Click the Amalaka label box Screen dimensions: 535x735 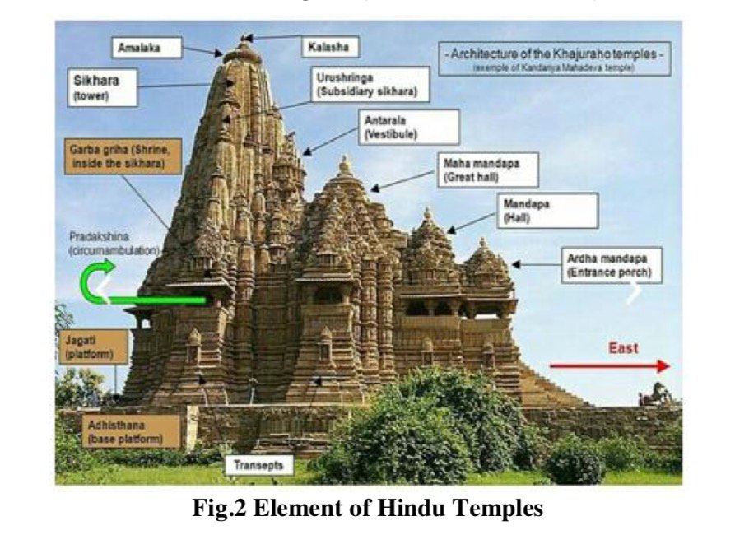[x=147, y=49]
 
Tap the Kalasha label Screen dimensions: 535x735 [x=328, y=47]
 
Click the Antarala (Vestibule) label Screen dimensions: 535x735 [x=409, y=127]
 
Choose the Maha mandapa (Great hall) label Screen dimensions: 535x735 [x=489, y=170]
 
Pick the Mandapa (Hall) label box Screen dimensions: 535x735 [x=547, y=210]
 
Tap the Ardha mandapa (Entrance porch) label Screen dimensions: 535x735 [x=609, y=265]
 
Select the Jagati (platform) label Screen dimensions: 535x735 [x=92, y=347]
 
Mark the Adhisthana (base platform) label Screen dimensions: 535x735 [x=131, y=430]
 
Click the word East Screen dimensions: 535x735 [x=623, y=348]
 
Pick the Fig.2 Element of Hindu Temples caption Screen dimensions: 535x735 [x=367, y=509]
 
